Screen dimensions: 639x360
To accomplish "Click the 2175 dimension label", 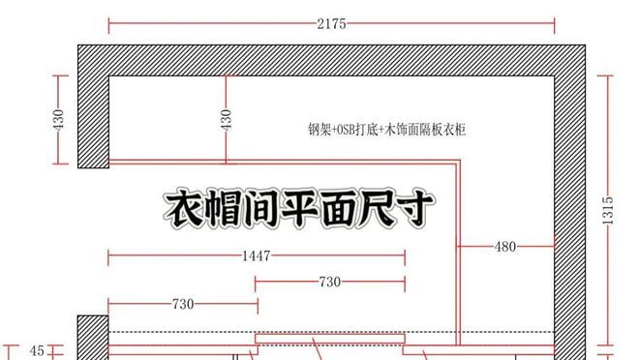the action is point(331,23).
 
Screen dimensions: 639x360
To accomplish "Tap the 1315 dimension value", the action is point(608,210).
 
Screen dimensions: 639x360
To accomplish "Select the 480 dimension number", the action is point(505,247).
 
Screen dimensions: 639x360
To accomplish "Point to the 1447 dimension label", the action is point(257,255).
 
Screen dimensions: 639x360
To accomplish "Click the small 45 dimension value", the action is point(37,350).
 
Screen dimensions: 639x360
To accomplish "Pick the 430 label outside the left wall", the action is point(59,119).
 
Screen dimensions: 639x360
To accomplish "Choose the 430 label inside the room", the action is point(227,119).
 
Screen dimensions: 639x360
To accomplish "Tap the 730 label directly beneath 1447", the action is point(330,282).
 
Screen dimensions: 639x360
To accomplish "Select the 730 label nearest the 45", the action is point(183,304).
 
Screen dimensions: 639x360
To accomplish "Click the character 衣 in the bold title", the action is point(184,209).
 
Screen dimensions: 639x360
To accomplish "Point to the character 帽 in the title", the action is point(223,209).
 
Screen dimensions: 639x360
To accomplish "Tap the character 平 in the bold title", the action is point(300,209).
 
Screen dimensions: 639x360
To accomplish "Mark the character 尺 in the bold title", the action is point(378,209).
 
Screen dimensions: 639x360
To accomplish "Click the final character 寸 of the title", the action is point(415,209).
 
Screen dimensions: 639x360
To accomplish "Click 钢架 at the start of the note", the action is point(319,130).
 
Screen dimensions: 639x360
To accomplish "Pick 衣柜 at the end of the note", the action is point(454,130).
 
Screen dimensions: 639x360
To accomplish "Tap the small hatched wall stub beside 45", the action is point(93,338).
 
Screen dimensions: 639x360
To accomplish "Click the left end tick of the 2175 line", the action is point(108,25).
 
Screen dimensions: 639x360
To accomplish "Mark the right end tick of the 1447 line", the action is point(405,258).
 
